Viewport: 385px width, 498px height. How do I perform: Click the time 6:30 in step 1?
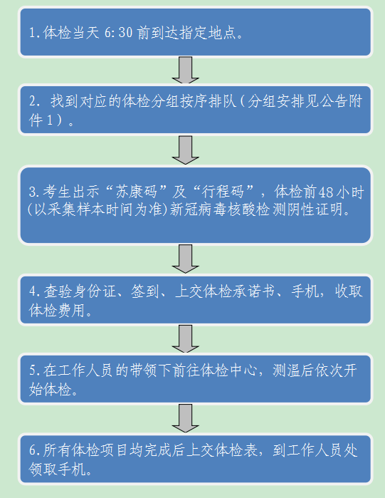[x=119, y=33]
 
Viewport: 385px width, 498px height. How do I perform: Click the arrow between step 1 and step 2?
[x=186, y=71]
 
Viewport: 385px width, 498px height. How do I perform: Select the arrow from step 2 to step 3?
[x=186, y=150]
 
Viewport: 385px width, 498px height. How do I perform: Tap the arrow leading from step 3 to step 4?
[x=186, y=259]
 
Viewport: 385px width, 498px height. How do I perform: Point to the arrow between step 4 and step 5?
[x=186, y=338]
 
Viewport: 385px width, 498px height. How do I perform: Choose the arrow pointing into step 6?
[x=186, y=418]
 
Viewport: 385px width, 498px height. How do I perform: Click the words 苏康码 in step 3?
[x=137, y=192]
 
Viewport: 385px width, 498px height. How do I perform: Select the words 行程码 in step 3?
[x=223, y=192]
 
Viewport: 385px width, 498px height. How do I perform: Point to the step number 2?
[x=35, y=101]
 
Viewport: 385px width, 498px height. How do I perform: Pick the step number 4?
[x=35, y=291]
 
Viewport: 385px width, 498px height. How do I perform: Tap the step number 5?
[x=35, y=370]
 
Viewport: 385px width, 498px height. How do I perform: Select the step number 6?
[x=35, y=450]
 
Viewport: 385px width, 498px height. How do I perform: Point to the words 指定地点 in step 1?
[x=208, y=33]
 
